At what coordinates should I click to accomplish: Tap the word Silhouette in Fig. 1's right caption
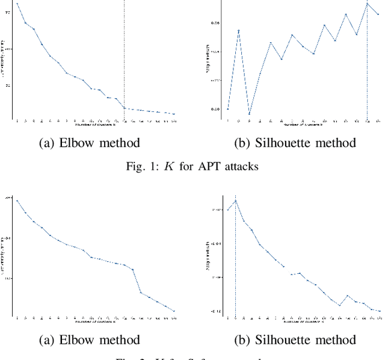click(269, 143)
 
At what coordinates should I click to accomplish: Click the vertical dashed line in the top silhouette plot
click(367, 60)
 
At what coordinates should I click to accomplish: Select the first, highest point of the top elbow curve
click(17, 4)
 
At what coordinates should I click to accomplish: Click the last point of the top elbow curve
click(174, 114)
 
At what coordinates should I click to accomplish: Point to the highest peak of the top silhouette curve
click(367, 4)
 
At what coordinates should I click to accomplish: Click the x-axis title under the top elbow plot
click(95, 125)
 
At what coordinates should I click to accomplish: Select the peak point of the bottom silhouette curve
click(235, 201)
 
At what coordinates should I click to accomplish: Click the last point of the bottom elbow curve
click(174, 311)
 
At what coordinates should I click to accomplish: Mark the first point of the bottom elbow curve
click(17, 200)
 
